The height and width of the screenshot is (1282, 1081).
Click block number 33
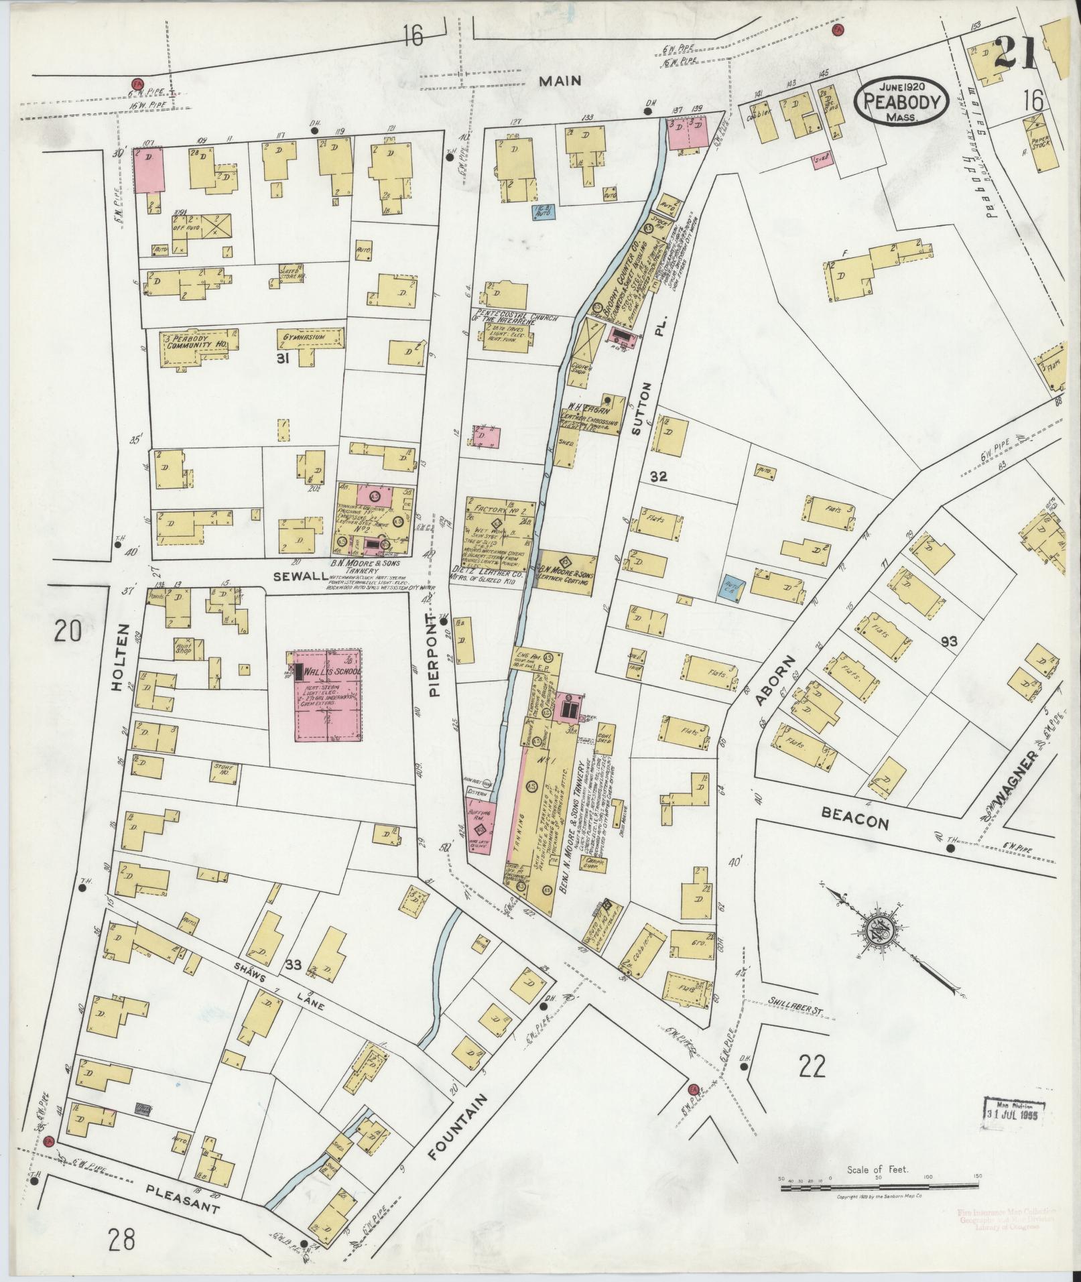pos(293,965)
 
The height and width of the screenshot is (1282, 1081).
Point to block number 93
pos(948,641)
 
